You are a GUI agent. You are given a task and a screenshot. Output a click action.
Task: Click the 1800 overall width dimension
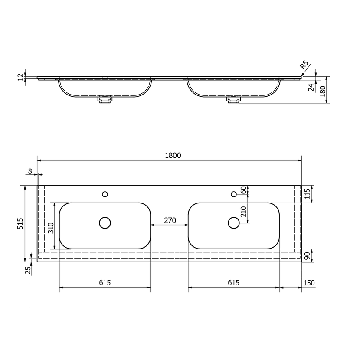(x=173, y=156)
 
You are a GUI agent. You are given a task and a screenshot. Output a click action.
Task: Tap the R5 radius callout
(x=304, y=65)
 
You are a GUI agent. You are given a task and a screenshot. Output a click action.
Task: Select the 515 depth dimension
(x=20, y=223)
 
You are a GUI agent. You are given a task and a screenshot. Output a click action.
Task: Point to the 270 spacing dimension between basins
(x=170, y=220)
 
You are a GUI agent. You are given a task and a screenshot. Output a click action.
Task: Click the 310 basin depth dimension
(x=51, y=228)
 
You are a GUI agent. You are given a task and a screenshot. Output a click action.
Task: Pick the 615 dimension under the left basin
(x=105, y=283)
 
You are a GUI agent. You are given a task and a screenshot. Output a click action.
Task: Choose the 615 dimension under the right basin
(x=233, y=283)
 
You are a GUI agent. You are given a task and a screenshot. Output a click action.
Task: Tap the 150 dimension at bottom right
(x=309, y=283)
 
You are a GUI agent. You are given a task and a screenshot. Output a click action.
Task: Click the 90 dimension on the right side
(x=308, y=256)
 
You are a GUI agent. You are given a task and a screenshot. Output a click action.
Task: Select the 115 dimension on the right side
(x=307, y=193)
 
